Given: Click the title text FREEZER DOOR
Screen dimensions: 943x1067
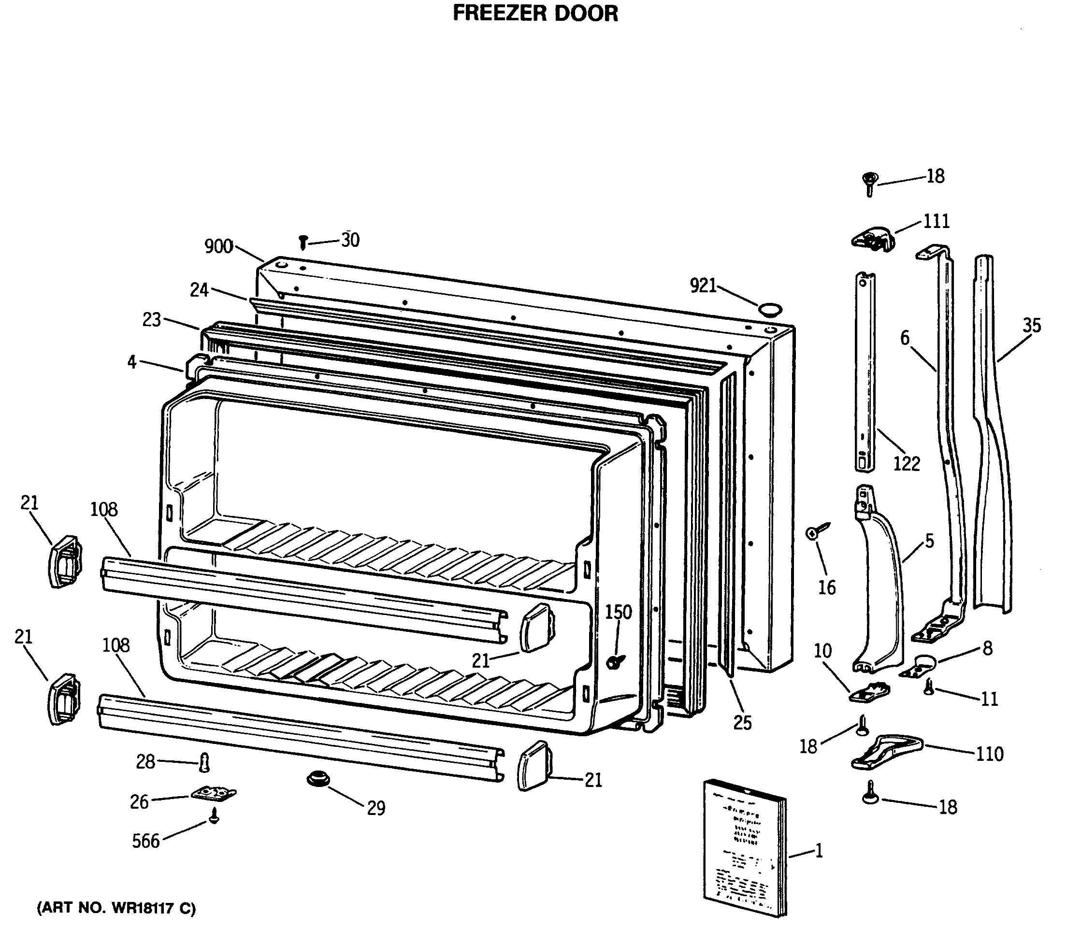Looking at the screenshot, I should coord(535,14).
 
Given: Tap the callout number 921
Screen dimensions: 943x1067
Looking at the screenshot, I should coord(703,286).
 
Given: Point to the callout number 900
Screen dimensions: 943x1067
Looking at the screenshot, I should coord(218,246).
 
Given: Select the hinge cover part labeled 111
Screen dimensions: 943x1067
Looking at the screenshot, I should coord(872,239).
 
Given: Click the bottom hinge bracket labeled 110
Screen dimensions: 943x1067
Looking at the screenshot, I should coord(886,753).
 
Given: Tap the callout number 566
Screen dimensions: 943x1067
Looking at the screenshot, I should coord(145,841).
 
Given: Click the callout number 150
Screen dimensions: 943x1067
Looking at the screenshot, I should coord(618,612).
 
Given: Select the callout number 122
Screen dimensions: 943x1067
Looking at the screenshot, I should coord(906,463).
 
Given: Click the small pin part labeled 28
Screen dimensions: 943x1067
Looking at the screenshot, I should coord(204,763).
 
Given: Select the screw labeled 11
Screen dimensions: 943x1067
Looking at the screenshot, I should coord(929,687).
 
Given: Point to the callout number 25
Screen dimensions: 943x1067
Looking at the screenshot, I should coord(742,723).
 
